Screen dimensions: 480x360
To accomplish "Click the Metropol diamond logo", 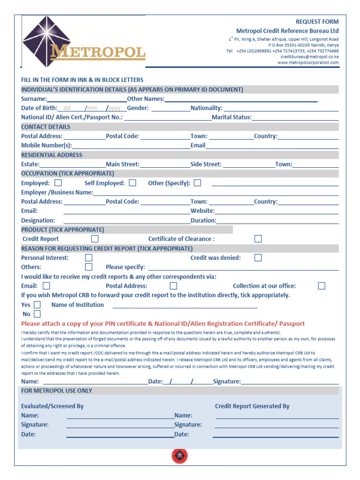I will pyautogui.click(x=46, y=41).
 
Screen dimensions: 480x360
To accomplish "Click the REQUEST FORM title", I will pyautogui.click(x=317, y=22).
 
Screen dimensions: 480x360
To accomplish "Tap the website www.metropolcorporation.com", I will pyautogui.click(x=308, y=62).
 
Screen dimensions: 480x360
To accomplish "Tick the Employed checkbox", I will pyautogui.click(x=58, y=183).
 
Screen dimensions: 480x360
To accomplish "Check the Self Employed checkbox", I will pyautogui.click(x=133, y=183).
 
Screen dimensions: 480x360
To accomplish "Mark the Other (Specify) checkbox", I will pyautogui.click(x=197, y=183).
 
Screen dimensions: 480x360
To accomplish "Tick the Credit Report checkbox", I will pyautogui.click(x=95, y=239).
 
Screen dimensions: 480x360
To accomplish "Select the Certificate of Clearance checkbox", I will pyautogui.click(x=258, y=239).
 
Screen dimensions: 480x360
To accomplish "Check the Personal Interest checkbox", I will pyautogui.click(x=89, y=257).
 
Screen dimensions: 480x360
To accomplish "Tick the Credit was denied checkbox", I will pyautogui.click(x=258, y=257).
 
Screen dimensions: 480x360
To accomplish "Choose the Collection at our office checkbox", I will pyautogui.click(x=322, y=285).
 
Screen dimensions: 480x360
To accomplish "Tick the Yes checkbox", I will pyautogui.click(x=37, y=305).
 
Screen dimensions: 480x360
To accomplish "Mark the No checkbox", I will pyautogui.click(x=37, y=314).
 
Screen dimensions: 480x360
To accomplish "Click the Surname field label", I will pyautogui.click(x=34, y=99).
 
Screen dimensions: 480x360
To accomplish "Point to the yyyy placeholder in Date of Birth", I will pyautogui.click(x=115, y=108).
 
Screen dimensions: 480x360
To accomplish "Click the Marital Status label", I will pyautogui.click(x=232, y=117).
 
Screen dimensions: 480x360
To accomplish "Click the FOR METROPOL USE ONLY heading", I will pyautogui.click(x=57, y=390).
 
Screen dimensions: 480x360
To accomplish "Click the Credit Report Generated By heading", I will pyautogui.click(x=252, y=406).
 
